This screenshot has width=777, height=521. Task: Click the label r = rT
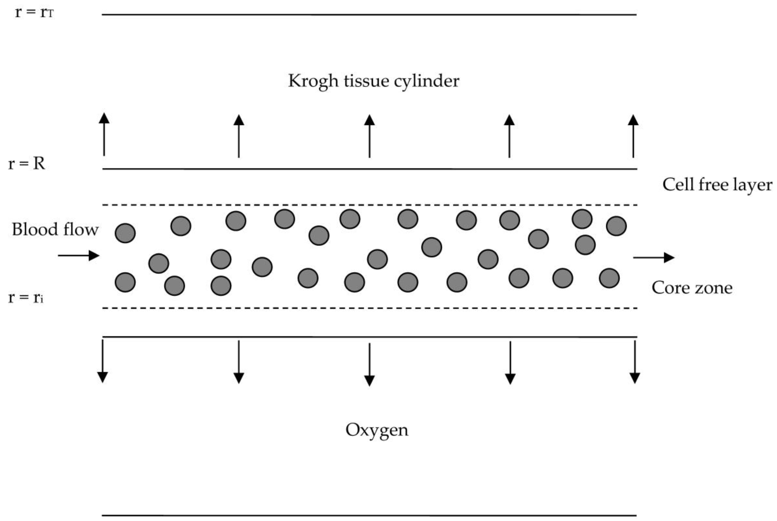(34, 13)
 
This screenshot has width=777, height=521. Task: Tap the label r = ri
(26, 297)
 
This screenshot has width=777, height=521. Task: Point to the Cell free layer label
(717, 185)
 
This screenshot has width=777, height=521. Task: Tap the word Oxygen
(377, 430)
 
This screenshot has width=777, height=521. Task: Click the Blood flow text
(55, 229)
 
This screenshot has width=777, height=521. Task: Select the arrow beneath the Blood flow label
(79, 256)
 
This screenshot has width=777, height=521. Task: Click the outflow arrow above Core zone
(653, 257)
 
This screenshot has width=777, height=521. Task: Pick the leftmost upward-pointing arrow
(104, 135)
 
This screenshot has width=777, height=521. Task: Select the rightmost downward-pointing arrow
(635, 362)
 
